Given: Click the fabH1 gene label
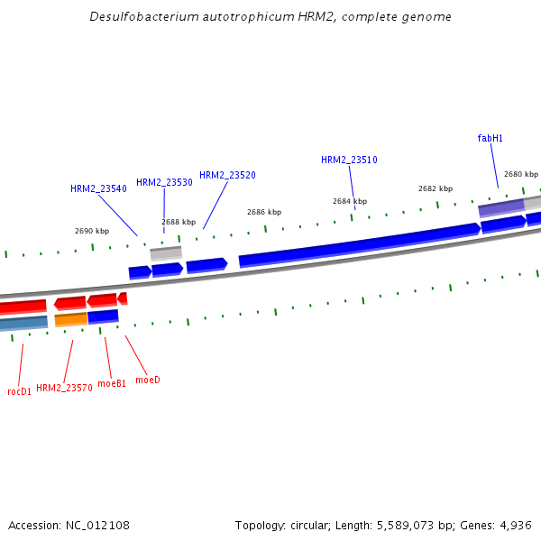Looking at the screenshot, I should tap(490, 138).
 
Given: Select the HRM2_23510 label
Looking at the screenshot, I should tap(349, 160).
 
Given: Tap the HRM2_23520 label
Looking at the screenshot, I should tap(227, 175).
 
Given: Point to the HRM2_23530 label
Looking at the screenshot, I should tap(164, 182).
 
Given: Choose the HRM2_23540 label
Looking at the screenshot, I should tap(98, 189).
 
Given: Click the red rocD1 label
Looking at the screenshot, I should tap(19, 391).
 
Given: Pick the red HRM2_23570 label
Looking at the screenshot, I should tap(64, 388).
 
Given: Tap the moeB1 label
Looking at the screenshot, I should tap(112, 383).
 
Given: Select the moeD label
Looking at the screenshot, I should tap(147, 380).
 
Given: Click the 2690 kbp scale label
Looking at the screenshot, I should tap(92, 231).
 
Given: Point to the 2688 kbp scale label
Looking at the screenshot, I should tap(179, 222).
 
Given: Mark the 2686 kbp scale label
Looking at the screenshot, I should tap(264, 212).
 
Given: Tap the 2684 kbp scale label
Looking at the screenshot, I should tap(350, 201).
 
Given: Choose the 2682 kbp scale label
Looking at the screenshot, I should tap(435, 188).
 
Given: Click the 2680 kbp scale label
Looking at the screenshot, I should tap(520, 174).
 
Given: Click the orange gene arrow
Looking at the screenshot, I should tap(71, 319).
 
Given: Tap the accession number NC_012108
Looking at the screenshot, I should tap(98, 525).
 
